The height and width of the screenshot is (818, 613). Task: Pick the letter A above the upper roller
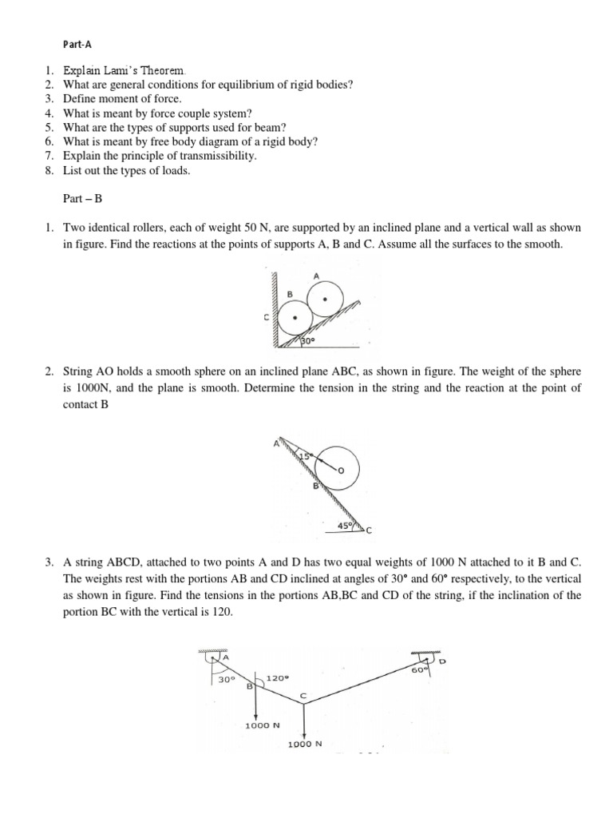point(317,276)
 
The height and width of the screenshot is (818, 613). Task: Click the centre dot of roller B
point(296,317)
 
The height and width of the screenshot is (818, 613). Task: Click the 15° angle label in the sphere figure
point(304,455)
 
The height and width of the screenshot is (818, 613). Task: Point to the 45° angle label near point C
point(346,526)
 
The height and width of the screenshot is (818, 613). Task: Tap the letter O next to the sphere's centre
point(340,471)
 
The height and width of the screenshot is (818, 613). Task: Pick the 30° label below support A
point(227,680)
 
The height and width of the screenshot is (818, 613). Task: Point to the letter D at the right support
point(441,662)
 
